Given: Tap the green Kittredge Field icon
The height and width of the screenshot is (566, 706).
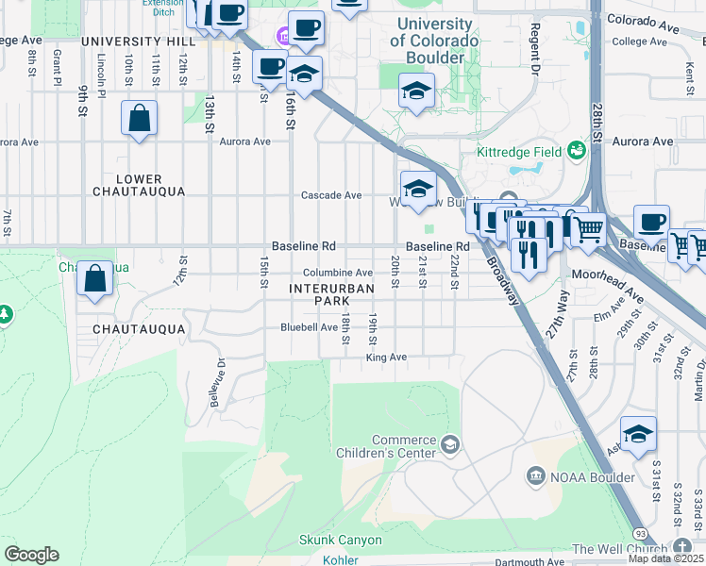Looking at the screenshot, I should (575, 151).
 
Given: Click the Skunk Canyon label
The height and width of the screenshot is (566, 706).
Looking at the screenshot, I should (340, 541).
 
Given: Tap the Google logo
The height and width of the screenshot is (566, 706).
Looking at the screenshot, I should (30, 554).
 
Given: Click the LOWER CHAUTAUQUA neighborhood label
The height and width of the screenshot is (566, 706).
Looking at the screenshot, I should (140, 185).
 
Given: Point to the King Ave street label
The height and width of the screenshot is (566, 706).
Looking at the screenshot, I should (386, 358).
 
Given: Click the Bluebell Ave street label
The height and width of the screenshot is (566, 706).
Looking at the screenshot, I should (309, 327).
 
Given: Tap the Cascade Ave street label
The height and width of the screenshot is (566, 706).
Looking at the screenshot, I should (331, 195).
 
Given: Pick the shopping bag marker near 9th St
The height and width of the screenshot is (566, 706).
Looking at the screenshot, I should (140, 119).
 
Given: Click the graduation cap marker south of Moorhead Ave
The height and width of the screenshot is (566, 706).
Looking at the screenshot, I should (638, 434).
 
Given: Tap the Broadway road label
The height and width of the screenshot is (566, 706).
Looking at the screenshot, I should (502, 282).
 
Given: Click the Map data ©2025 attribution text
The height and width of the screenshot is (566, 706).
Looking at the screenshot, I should (666, 558).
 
